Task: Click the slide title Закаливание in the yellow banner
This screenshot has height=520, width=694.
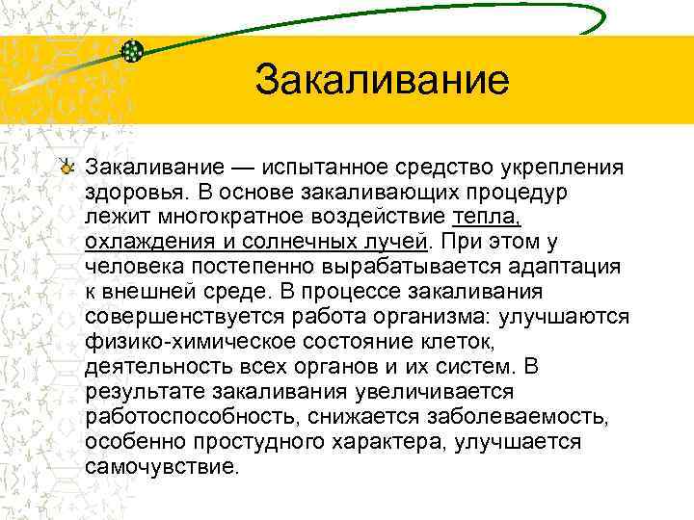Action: click(x=381, y=81)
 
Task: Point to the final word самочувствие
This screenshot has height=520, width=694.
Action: click(x=160, y=466)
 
